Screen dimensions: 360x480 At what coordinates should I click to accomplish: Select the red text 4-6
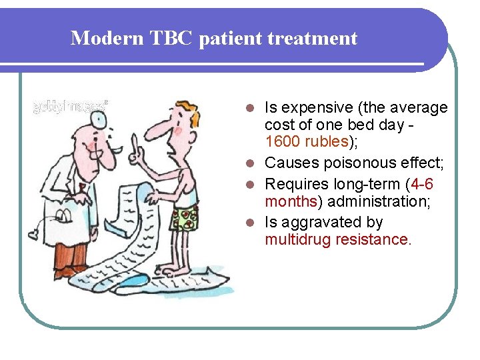click(421, 183)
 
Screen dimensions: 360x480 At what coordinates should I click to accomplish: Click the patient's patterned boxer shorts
click(183, 219)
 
